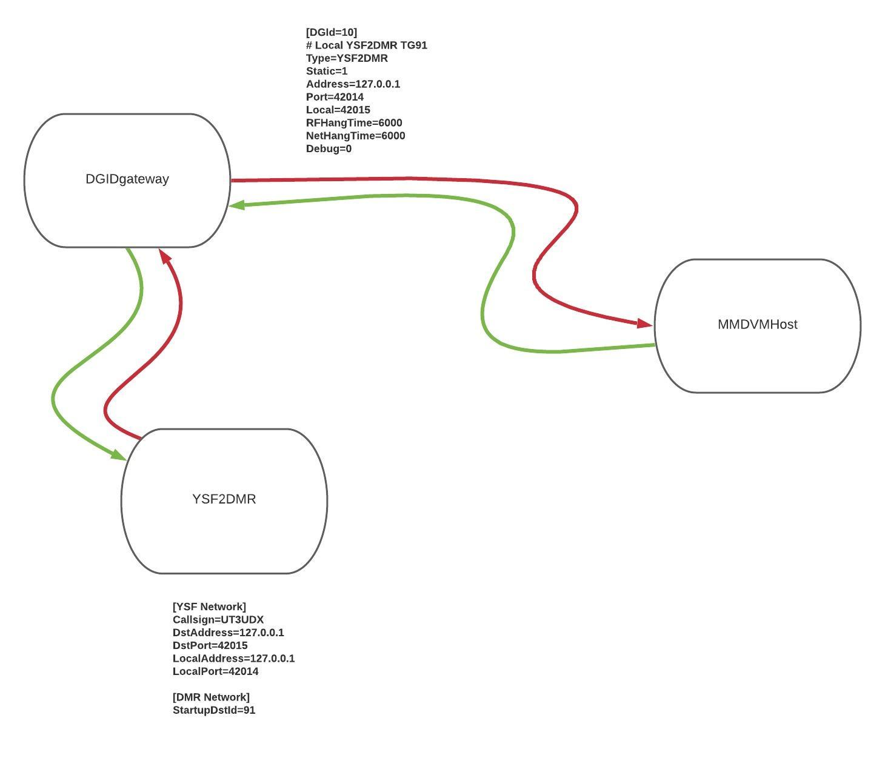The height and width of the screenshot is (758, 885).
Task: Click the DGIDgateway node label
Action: click(x=127, y=179)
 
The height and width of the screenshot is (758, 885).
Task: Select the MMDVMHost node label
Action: click(x=757, y=325)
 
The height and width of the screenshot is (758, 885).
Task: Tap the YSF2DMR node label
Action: click(x=224, y=499)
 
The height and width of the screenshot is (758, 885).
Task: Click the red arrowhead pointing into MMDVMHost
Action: click(x=644, y=323)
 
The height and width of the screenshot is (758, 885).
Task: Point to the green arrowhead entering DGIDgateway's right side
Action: click(x=237, y=205)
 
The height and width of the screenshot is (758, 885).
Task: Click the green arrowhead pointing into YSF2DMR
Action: click(x=118, y=454)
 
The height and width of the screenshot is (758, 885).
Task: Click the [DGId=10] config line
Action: click(x=332, y=32)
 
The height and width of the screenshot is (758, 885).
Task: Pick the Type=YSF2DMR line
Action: click(x=347, y=58)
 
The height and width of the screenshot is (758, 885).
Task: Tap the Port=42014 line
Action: click(x=335, y=97)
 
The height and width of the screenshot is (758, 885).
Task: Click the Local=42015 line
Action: click(x=338, y=110)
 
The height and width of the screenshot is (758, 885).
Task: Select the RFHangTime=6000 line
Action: click(x=354, y=123)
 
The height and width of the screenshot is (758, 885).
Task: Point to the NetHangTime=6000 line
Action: click(x=355, y=136)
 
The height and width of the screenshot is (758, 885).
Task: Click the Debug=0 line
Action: click(x=329, y=149)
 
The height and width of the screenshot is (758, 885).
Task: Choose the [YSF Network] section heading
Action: click(x=209, y=607)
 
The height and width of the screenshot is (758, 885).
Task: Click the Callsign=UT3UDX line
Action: click(x=218, y=620)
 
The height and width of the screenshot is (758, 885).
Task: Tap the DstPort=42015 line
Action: click(x=210, y=646)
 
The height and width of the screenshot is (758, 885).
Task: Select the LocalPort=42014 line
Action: click(x=215, y=671)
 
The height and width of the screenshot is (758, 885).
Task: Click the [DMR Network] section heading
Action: click(x=211, y=697)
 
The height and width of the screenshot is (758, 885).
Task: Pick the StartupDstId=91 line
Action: click(x=214, y=710)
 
